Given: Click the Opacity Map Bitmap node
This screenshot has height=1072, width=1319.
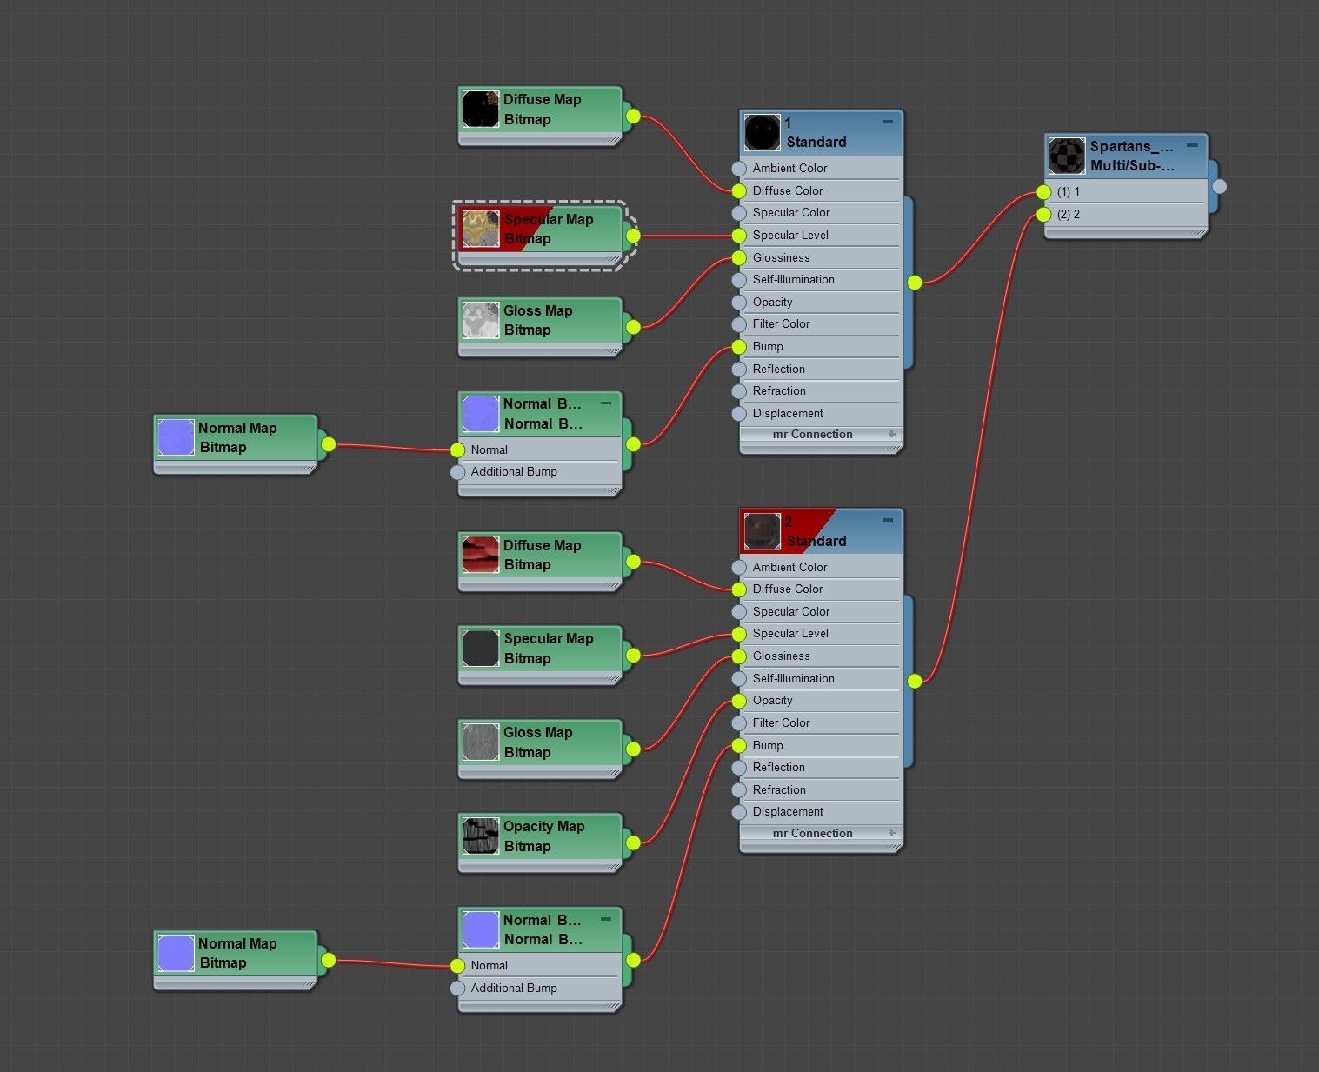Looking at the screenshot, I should (543, 836).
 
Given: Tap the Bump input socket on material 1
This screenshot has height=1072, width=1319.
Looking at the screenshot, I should (739, 347).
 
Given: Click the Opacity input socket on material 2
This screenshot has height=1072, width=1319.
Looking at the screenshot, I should (739, 701).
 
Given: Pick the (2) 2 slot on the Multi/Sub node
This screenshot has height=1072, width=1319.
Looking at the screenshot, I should (1069, 215).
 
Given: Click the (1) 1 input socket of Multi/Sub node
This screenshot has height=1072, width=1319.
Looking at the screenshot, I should (1044, 192).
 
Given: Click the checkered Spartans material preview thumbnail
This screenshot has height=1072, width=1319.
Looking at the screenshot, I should (1067, 156).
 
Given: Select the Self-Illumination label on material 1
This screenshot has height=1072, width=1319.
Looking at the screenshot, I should (793, 280).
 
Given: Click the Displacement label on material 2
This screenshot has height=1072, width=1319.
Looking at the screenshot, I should (788, 812).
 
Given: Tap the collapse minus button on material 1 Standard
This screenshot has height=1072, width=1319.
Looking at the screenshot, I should (887, 123).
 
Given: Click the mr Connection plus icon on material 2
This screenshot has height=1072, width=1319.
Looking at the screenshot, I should (891, 833).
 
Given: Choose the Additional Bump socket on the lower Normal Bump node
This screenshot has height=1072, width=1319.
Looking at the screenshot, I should (458, 989).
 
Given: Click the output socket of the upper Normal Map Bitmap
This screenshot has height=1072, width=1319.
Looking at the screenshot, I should (328, 445).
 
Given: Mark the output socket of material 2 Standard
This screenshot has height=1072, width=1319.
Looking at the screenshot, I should (915, 682).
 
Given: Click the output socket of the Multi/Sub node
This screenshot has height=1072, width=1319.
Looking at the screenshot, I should (1219, 186).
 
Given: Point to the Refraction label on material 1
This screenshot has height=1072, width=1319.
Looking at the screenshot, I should (779, 391).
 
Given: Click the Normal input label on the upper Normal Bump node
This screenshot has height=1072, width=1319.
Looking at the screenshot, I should (489, 450).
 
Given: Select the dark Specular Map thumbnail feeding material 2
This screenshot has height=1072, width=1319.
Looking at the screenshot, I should (481, 649).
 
